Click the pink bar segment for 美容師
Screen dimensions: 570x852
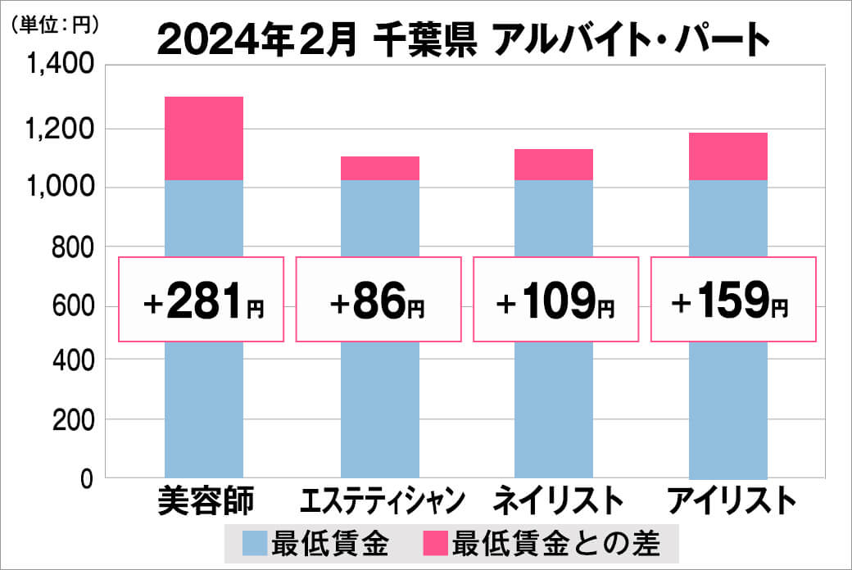point(204,138)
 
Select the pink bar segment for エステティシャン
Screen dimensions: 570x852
point(379,168)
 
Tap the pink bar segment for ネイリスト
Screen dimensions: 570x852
point(554,165)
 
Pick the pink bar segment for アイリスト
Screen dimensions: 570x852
point(728,156)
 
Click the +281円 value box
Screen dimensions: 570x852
point(202,300)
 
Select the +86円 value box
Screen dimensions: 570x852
point(378,300)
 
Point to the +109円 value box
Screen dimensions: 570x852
point(555,300)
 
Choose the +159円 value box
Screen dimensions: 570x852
point(732,300)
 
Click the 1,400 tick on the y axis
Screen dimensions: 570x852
point(61,66)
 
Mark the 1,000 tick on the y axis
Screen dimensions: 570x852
point(61,187)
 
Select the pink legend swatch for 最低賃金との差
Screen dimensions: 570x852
point(435,542)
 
